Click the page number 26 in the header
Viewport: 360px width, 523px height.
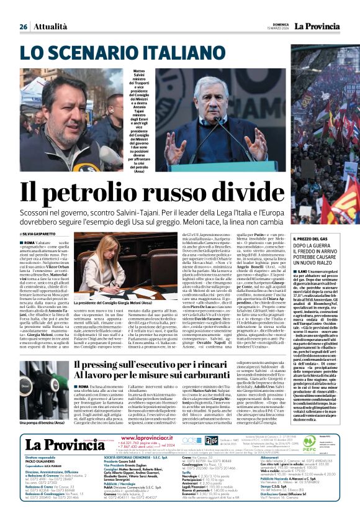(x=23, y=27)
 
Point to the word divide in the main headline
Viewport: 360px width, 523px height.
(x=281, y=189)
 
